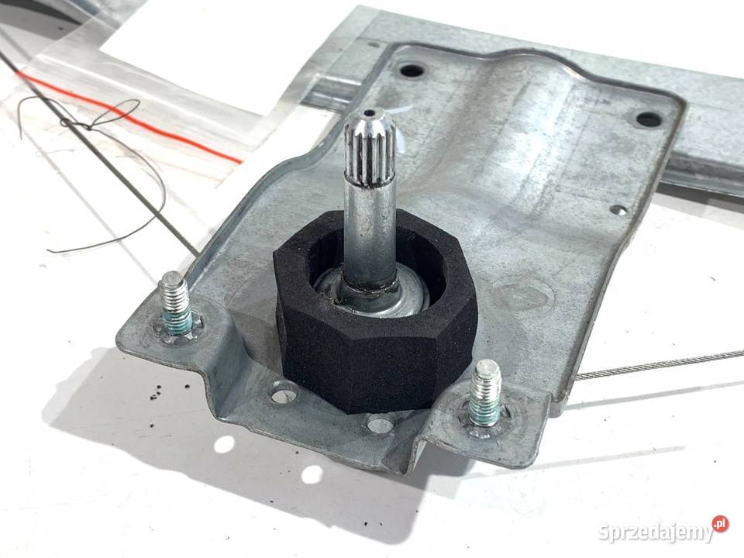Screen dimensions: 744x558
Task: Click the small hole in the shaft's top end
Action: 369,114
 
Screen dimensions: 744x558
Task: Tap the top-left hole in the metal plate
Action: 411,71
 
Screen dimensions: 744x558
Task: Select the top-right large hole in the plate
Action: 648,119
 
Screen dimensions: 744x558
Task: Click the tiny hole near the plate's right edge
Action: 618,209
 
